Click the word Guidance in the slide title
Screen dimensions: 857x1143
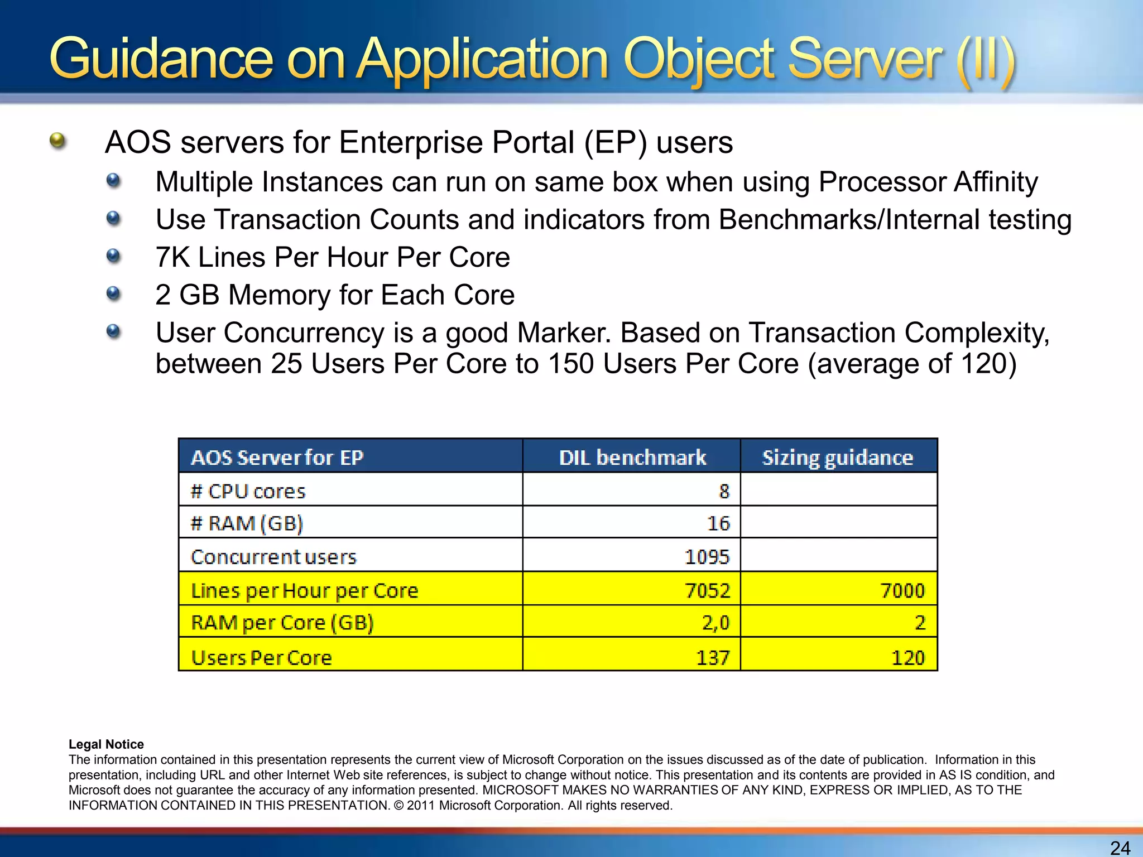(161, 59)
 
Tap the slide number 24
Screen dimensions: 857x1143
(1120, 848)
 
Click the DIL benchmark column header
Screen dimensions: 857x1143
(632, 458)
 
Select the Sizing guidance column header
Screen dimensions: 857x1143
(838, 458)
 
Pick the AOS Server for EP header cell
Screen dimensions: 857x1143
(277, 458)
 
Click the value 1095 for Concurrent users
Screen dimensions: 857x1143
(707, 556)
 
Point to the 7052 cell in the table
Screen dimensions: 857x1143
(707, 590)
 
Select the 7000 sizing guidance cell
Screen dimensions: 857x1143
(902, 590)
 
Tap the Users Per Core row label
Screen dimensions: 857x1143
(261, 657)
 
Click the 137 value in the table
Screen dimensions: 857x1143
(713, 657)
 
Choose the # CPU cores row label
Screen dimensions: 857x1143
(248, 491)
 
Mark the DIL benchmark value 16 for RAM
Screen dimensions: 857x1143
(718, 523)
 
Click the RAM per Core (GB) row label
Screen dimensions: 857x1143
(282, 622)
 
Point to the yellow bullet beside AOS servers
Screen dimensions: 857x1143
(57, 141)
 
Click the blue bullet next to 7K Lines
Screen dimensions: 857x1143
(113, 256)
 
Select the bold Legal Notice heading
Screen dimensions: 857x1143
(106, 744)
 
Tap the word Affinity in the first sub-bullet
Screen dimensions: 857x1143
(995, 182)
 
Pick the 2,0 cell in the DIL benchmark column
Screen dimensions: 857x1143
(715, 622)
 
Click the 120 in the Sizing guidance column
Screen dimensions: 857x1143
(908, 657)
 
